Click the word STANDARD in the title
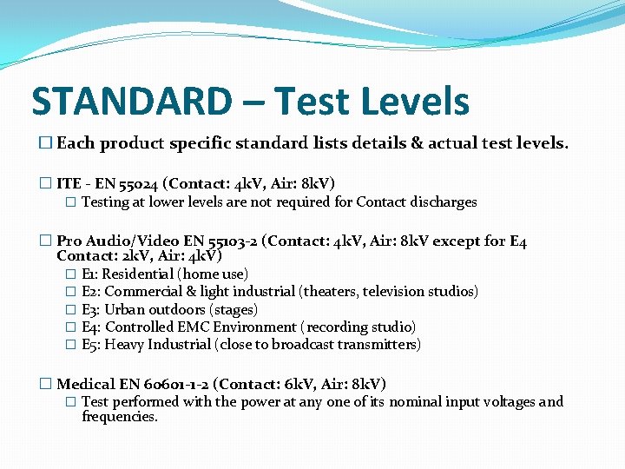click(131, 102)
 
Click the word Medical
click(84, 384)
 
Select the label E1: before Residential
click(90, 274)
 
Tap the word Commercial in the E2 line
click(141, 292)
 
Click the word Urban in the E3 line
click(124, 310)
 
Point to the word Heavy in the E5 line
click(123, 345)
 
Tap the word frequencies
click(119, 417)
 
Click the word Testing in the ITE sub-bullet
click(105, 202)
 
